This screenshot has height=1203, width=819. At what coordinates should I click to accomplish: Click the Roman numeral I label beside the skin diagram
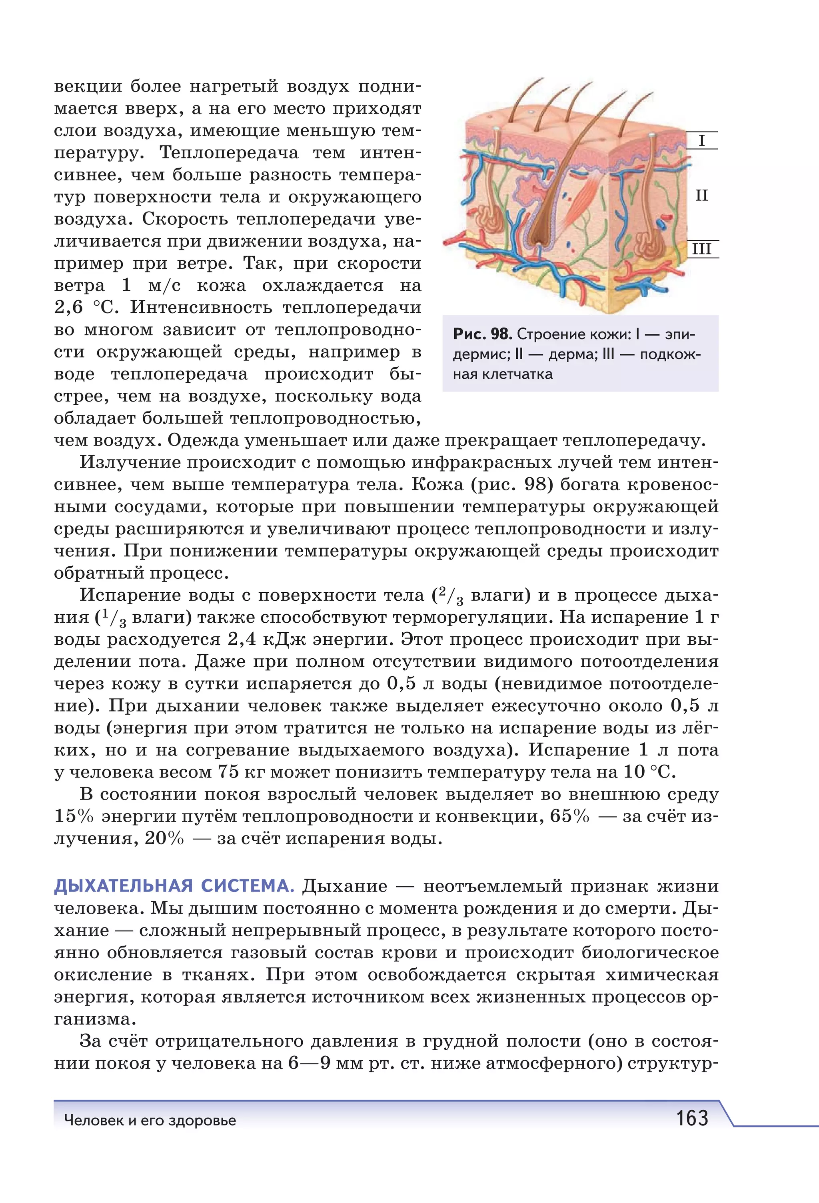point(701,141)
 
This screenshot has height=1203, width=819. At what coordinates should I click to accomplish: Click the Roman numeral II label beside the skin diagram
point(701,196)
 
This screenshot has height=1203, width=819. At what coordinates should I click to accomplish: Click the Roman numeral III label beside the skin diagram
point(701,249)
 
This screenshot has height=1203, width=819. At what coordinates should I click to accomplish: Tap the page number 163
point(692,1118)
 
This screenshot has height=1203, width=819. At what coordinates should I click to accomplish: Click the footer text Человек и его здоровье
point(150,1120)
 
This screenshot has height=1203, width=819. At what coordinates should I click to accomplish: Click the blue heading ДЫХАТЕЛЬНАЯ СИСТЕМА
point(174,886)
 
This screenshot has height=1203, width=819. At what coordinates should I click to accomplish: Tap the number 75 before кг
point(228,772)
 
